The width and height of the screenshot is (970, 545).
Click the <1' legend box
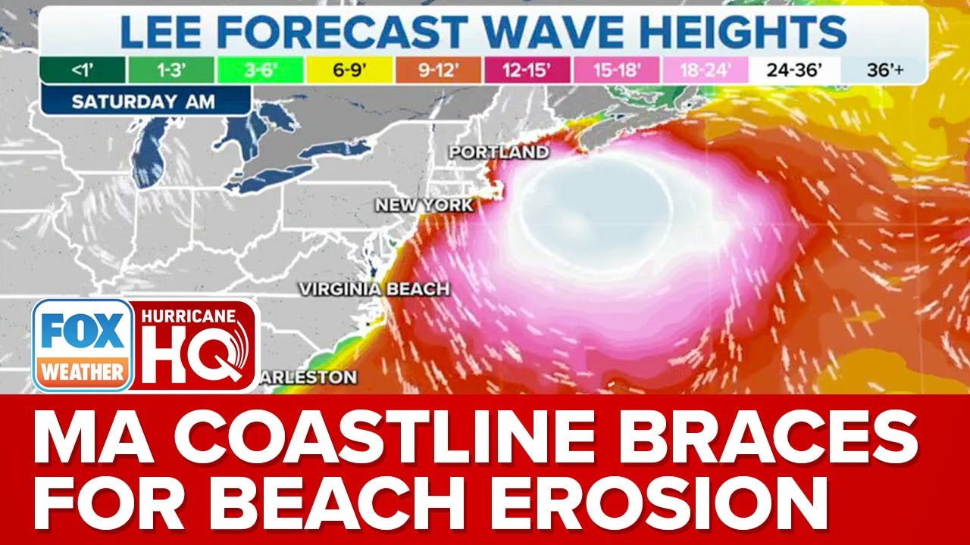pos(82,70)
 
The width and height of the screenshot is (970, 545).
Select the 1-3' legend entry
pos(171,70)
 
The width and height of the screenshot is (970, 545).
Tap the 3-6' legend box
pos(261,70)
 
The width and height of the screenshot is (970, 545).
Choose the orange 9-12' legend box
pos(438,70)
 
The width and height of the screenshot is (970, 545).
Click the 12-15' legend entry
pos(527,70)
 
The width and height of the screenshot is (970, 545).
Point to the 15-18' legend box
pos(617,70)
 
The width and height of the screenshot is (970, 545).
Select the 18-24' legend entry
pos(706,70)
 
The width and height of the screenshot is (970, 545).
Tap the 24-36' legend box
pos(795,70)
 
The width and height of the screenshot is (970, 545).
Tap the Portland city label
pos(499,152)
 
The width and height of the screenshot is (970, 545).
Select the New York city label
pos(424,205)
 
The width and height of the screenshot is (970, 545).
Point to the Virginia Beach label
pos(374,289)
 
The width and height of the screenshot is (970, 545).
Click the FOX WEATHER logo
pos(83,345)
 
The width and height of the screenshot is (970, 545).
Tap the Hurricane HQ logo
pos(196,344)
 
